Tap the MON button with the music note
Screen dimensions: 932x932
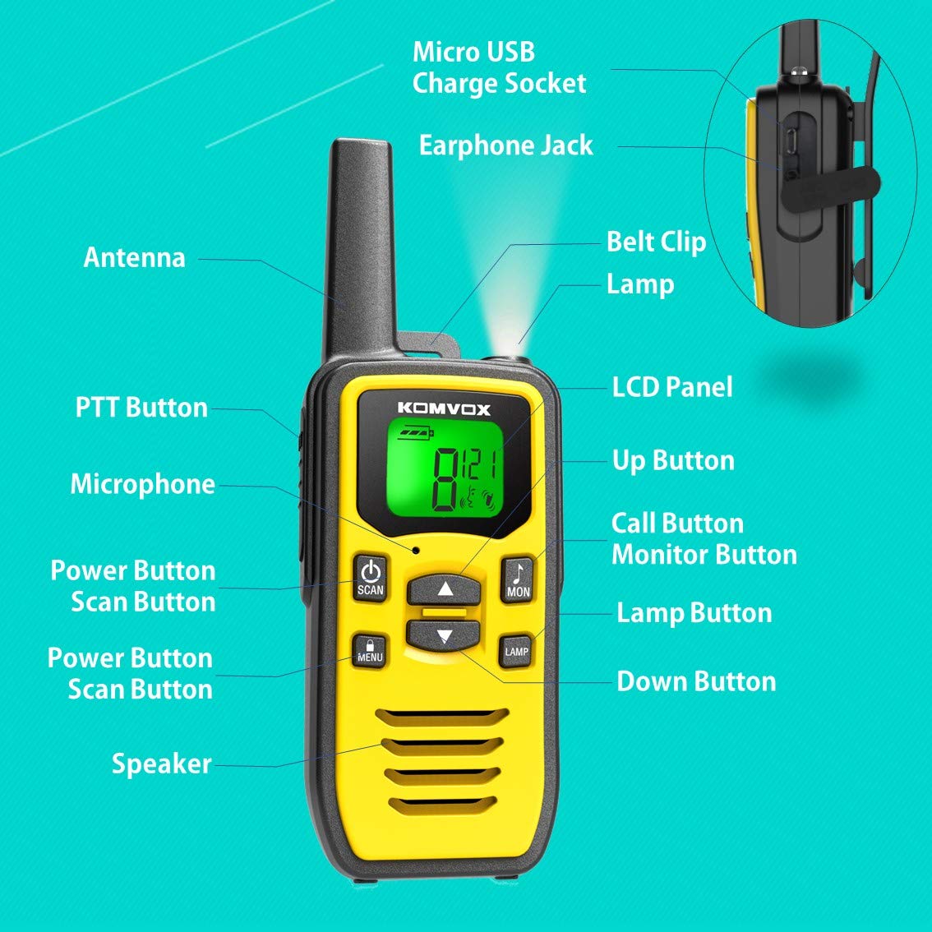tap(518, 579)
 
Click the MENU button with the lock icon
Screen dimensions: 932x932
tap(370, 650)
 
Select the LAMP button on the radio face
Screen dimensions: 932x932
tap(516, 651)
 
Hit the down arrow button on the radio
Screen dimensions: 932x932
tap(444, 634)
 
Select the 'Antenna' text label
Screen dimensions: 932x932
tap(135, 257)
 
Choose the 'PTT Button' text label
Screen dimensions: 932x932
tap(141, 408)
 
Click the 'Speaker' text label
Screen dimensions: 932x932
tap(162, 764)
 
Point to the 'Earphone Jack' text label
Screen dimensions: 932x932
tap(505, 145)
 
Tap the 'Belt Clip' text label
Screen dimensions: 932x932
tap(656, 242)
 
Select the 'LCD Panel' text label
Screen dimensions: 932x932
tap(671, 387)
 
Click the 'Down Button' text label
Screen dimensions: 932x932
tap(696, 681)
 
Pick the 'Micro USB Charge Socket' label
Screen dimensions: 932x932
tap(499, 67)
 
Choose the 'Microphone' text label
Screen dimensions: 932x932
tap(142, 484)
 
